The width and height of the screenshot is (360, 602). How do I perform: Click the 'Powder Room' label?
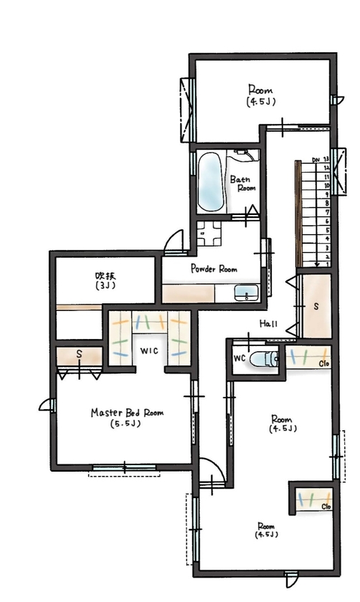click(214, 269)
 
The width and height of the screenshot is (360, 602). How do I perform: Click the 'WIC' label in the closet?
click(148, 352)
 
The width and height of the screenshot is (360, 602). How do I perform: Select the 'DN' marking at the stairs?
click(316, 159)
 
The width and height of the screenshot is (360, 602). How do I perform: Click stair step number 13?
click(326, 159)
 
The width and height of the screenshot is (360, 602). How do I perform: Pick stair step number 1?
click(326, 264)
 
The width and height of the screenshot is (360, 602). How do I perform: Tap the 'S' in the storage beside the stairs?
click(315, 306)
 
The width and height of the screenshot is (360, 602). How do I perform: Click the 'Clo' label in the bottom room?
click(325, 507)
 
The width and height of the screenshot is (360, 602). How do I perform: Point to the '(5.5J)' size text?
click(126, 424)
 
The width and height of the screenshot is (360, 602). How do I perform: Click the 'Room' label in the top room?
click(259, 90)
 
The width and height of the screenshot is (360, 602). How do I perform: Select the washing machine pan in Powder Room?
click(211, 232)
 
